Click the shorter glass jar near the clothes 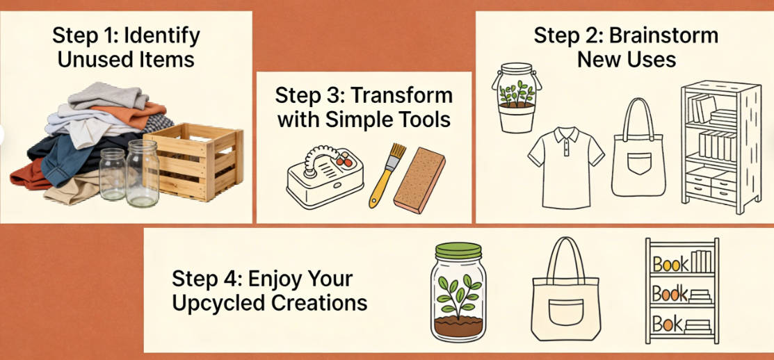point(112,173)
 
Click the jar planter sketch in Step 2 point(517,98)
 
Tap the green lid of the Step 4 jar point(458,252)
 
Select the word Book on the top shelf point(671,263)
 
